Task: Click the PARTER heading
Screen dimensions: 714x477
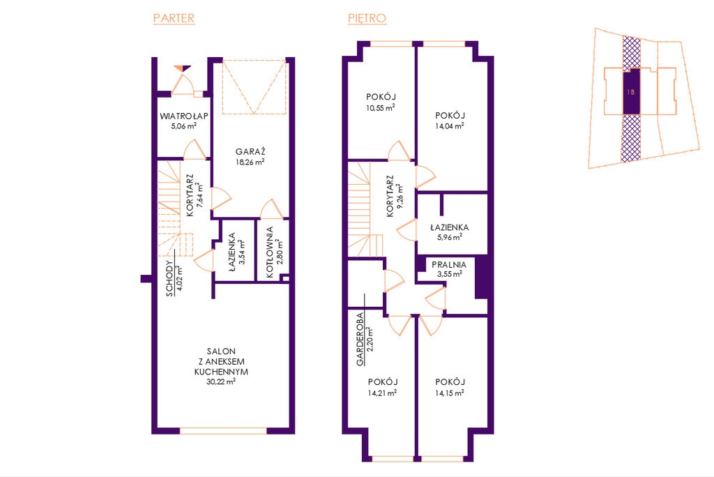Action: tap(174, 18)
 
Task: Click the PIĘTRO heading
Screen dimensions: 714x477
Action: tap(367, 18)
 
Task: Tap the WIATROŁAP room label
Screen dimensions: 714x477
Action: tap(184, 116)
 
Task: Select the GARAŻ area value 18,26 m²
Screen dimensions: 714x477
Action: tap(250, 162)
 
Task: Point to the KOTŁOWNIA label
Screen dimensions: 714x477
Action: tap(270, 252)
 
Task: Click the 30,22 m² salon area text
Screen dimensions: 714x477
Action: tap(221, 381)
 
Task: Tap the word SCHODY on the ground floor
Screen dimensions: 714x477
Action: tap(170, 278)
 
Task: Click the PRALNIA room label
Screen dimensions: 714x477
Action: tap(449, 265)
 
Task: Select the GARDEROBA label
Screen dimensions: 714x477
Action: tap(360, 339)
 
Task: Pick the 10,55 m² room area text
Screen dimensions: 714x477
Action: tap(380, 107)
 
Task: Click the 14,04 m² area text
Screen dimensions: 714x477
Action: tap(450, 126)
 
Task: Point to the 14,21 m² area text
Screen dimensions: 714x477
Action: tap(382, 393)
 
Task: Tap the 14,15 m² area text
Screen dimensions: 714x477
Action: tap(450, 393)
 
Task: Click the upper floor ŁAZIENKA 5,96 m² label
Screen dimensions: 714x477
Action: tap(450, 232)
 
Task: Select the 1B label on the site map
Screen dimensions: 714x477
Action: tap(630, 92)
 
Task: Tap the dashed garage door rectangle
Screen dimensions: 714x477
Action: tap(254, 86)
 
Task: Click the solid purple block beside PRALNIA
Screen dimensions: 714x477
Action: tap(482, 278)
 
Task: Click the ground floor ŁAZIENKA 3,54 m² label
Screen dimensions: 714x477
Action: tap(236, 252)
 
